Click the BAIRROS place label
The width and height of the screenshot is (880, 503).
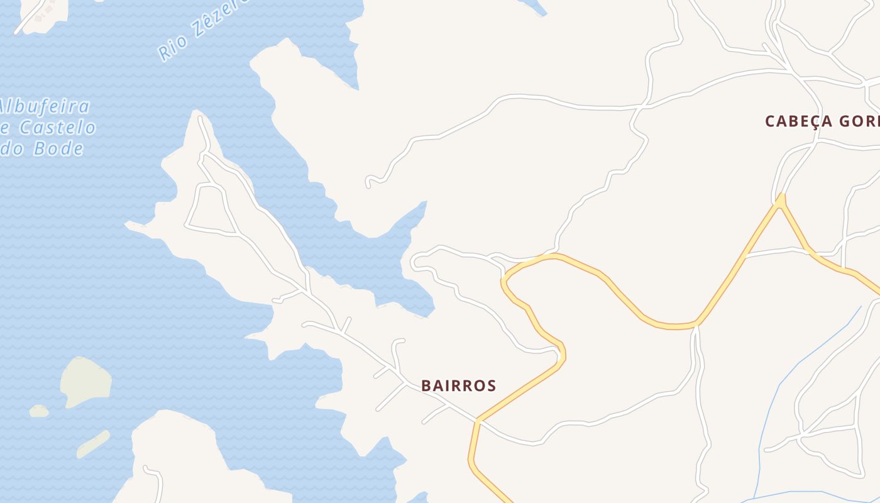coord(458,385)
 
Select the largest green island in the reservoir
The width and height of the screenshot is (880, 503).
coord(85,380)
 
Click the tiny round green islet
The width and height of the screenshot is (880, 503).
coord(39,411)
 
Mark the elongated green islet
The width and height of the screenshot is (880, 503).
coord(93,444)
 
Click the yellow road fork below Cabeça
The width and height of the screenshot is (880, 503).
coord(781,201)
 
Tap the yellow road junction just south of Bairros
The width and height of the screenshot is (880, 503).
coord(478,420)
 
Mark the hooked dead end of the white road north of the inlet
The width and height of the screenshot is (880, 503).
coord(369,183)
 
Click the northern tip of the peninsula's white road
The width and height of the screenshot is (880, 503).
coord(199,118)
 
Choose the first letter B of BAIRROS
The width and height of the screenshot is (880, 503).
coord(426,385)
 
